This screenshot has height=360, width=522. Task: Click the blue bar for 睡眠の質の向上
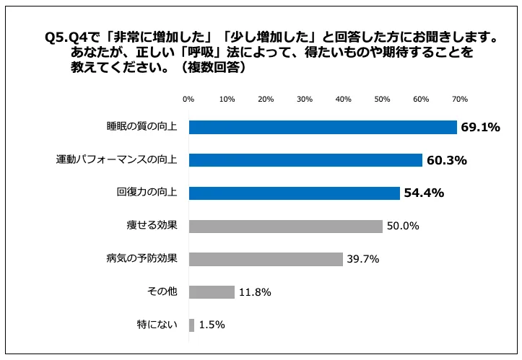click(x=323, y=127)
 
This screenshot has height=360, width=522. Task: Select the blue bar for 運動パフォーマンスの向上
click(x=305, y=160)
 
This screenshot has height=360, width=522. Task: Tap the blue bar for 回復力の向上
click(x=294, y=193)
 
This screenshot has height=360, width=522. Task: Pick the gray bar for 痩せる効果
click(x=285, y=226)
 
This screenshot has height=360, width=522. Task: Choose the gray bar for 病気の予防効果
click(x=265, y=259)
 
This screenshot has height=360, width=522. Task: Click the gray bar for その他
click(x=212, y=292)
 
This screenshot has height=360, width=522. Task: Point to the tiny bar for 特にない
click(x=191, y=325)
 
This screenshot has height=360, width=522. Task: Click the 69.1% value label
click(x=481, y=128)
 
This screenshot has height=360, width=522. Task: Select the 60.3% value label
click(x=446, y=160)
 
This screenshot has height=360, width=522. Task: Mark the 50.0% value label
click(x=403, y=227)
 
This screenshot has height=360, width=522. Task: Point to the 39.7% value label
click(x=362, y=259)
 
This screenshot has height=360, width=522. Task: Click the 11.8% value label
click(x=255, y=292)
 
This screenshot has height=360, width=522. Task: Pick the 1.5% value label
click(x=212, y=325)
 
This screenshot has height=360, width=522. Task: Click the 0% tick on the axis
click(x=188, y=99)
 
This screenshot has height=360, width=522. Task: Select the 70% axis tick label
click(x=459, y=99)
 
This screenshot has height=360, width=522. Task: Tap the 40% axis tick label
click(x=343, y=99)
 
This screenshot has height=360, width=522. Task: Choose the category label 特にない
click(x=157, y=325)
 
